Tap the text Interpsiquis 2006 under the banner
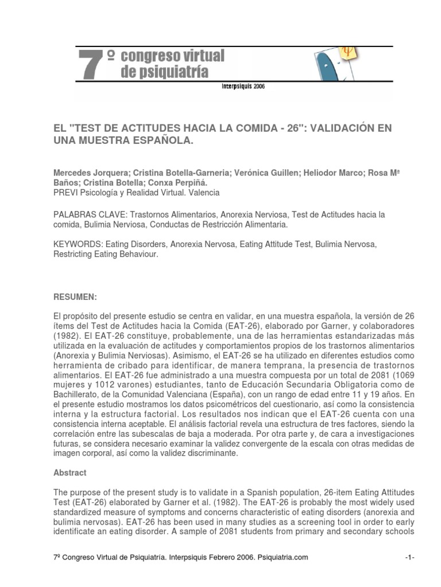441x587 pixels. pyautogui.click(x=243, y=87)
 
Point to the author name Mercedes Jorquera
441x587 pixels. pyautogui.click(x=89, y=173)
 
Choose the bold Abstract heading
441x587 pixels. pyautogui.click(x=70, y=473)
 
